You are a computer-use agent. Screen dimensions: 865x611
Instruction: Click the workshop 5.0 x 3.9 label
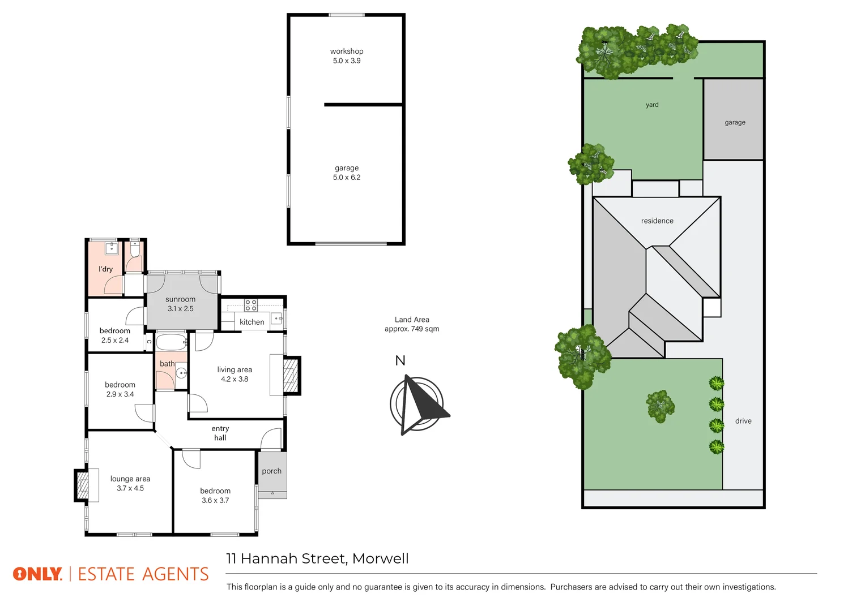(x=346, y=56)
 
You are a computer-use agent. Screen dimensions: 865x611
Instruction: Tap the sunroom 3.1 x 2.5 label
(x=180, y=304)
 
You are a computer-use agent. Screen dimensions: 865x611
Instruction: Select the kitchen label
(x=252, y=322)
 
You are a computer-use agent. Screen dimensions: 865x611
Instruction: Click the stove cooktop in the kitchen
(x=250, y=305)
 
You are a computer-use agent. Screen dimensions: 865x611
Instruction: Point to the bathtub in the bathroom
(x=172, y=342)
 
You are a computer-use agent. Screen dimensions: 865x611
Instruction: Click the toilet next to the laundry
(x=135, y=249)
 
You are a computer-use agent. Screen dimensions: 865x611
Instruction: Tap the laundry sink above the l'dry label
(x=112, y=248)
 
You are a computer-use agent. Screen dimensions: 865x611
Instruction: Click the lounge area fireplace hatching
(x=82, y=485)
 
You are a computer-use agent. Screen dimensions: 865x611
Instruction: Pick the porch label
(x=271, y=471)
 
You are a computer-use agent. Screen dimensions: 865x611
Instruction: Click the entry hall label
(x=220, y=433)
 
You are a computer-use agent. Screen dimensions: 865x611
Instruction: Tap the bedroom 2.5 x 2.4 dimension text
(x=114, y=340)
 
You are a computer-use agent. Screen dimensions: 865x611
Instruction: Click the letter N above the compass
(x=400, y=361)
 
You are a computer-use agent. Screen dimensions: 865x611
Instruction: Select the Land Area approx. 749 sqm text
(x=412, y=324)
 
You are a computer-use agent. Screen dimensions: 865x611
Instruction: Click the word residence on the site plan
(x=657, y=221)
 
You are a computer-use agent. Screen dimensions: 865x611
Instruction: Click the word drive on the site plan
(x=743, y=421)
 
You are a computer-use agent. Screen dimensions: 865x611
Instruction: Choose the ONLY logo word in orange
(x=37, y=574)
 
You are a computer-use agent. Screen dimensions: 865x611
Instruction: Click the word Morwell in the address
(x=380, y=558)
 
